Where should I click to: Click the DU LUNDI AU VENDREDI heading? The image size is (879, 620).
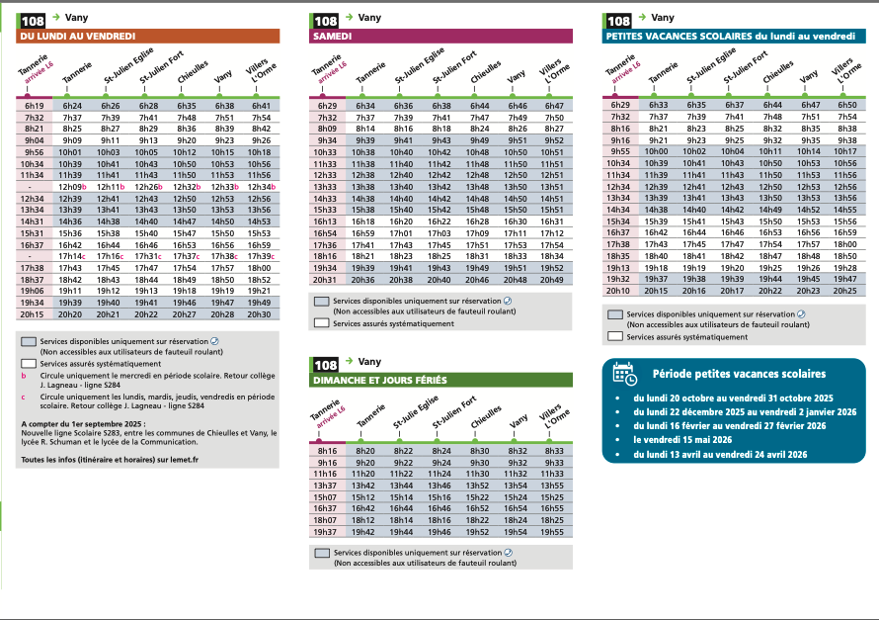[x=78, y=37]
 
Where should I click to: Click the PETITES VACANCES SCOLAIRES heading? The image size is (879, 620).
[x=729, y=37]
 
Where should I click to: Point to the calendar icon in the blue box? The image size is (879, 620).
[x=623, y=373]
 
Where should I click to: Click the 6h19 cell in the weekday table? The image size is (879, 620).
[x=35, y=105]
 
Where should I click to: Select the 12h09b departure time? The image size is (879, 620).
[x=73, y=186]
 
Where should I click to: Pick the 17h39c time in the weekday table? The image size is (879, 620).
[x=261, y=256]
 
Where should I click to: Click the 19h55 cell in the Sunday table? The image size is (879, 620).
[x=553, y=531]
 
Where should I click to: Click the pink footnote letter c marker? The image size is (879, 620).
[x=24, y=398]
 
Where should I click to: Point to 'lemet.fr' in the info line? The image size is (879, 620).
[x=182, y=460]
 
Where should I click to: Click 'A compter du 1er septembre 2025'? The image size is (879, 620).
[x=77, y=424]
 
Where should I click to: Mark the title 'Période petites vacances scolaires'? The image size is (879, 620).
[x=739, y=374]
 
